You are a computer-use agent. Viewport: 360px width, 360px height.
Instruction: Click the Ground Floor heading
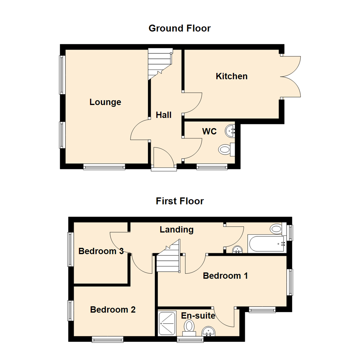[x=179, y=28]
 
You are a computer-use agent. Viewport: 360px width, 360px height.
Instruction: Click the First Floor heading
[x=180, y=201]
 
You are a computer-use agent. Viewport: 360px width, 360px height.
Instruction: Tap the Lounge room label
[x=105, y=102]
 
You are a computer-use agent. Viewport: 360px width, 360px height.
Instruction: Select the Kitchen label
[x=232, y=76]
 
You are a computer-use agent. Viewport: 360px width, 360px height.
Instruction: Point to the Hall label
[x=164, y=115]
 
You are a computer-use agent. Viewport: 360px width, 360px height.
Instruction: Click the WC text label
[x=209, y=131]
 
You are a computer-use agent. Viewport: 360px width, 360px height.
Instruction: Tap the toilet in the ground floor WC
[x=225, y=149]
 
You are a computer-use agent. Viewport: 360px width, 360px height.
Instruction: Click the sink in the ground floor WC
[x=230, y=130]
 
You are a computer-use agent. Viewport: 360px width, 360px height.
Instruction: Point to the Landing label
[x=177, y=229]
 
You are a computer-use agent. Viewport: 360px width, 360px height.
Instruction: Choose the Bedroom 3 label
[x=101, y=251]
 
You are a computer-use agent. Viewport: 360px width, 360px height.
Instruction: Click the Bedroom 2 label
[x=113, y=310]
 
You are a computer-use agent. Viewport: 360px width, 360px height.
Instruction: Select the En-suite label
[x=198, y=315]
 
